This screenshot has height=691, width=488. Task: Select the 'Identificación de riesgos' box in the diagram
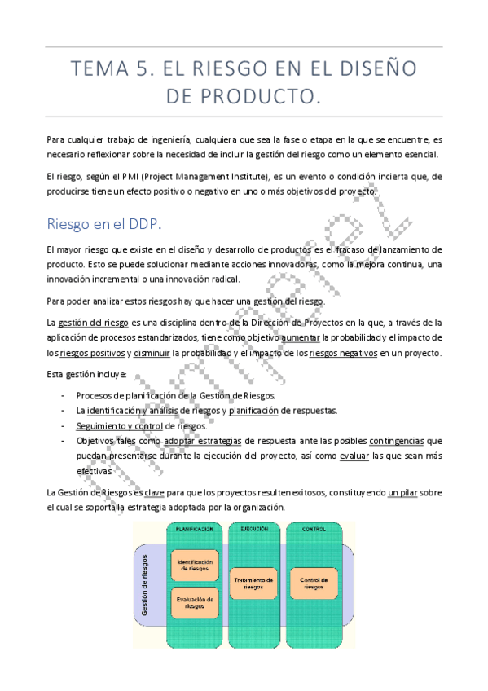click(194, 565)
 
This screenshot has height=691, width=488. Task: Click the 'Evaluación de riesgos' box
click(194, 603)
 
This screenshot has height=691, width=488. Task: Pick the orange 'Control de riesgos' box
click(314, 583)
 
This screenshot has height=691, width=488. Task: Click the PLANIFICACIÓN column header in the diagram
click(194, 529)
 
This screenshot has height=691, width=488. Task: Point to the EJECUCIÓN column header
click(254, 529)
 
